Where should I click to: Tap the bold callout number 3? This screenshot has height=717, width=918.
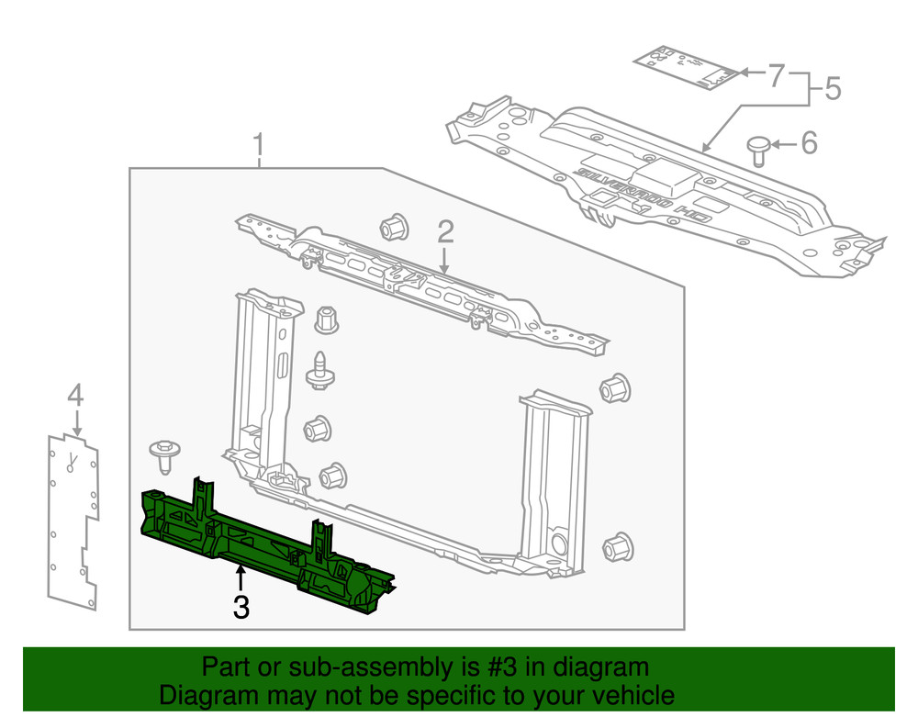click(241, 607)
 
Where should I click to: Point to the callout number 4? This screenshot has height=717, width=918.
click(75, 396)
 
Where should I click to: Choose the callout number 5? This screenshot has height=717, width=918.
click(831, 89)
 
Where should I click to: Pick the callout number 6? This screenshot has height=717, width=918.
click(808, 143)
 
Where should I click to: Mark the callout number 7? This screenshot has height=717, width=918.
click(776, 74)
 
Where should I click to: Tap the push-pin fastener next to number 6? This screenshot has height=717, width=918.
click(758, 149)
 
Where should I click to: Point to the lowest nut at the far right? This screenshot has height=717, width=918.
click(618, 546)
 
